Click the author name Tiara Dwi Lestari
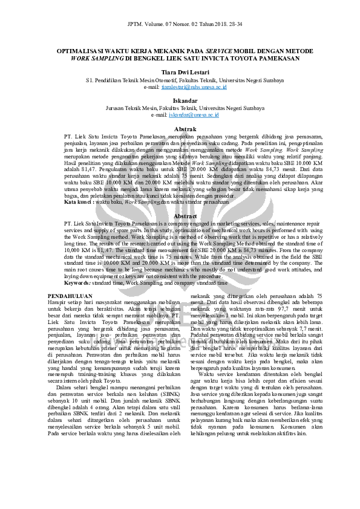[x=180, y=71]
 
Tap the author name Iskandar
[x=180, y=101]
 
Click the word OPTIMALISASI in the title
[x=82, y=52]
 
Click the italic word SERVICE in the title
[x=222, y=52]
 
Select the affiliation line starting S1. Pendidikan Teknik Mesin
[x=180, y=79]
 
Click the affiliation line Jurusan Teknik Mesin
[x=180, y=108]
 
